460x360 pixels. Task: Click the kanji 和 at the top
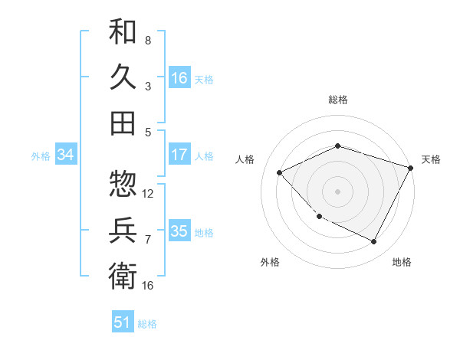coord(123,32)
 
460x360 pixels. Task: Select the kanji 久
coord(123,77)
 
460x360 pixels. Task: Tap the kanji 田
coord(123,123)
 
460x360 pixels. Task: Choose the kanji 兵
coord(123,229)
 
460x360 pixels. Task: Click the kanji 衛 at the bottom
coord(123,274)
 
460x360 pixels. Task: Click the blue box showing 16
coord(179,77)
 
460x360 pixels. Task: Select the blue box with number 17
coord(179,155)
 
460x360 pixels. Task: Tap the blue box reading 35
coord(179,231)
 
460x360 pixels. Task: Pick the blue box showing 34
coord(66,155)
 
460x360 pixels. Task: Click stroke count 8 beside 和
coord(148,40)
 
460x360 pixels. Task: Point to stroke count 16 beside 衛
coord(148,286)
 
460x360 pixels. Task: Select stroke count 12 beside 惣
coord(148,194)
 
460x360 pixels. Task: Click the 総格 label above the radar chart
coord(338,100)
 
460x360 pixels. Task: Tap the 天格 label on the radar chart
coord(431,159)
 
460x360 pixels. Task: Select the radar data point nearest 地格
coord(374,242)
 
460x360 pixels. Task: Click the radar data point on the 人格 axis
coord(280,172)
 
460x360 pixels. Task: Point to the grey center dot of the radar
coord(338,191)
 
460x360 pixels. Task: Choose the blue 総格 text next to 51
coord(147,324)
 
